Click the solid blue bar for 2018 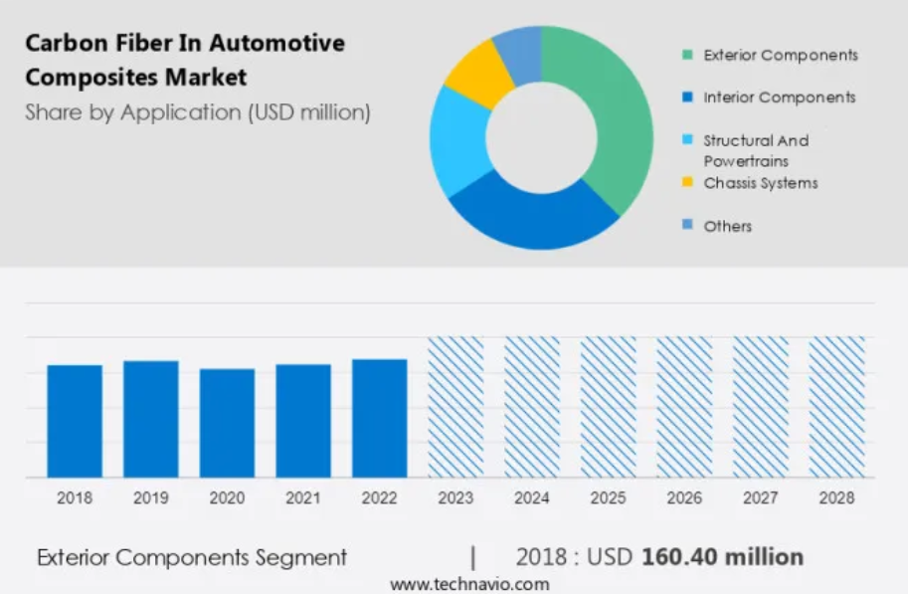pos(75,421)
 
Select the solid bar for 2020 pos(227,423)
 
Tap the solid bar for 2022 pos(379,418)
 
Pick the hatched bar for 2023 pos(455,407)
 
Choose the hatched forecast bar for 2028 pos(836,407)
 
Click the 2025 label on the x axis pos(608,498)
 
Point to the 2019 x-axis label pos(150,498)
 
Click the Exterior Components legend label pos(780,55)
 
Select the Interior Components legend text pos(779,98)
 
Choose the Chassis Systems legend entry pos(760,183)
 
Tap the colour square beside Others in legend pos(687,226)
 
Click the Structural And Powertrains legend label pos(756,150)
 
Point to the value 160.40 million pos(722,557)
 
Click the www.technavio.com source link pos(469,584)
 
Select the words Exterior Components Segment pos(192,557)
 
